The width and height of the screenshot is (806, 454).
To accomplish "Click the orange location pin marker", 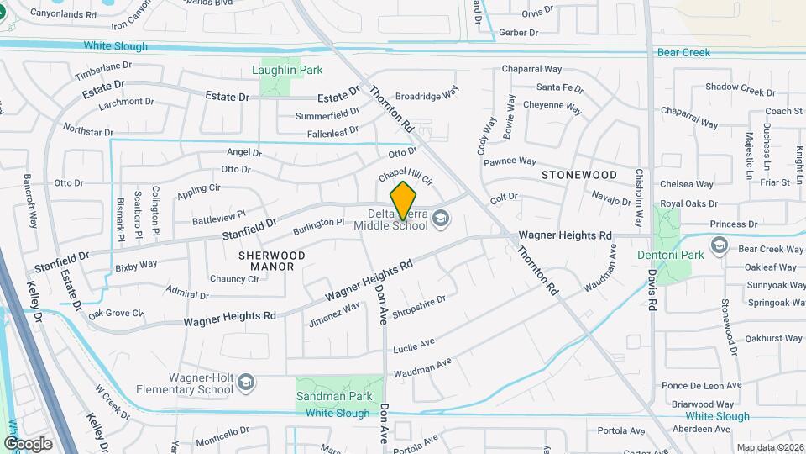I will pyautogui.click(x=404, y=200).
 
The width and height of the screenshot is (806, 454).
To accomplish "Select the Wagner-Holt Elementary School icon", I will pyautogui.click(x=246, y=383).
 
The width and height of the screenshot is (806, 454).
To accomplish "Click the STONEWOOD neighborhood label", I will pyautogui.click(x=578, y=175).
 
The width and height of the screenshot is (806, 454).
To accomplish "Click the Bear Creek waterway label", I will pyautogui.click(x=683, y=52).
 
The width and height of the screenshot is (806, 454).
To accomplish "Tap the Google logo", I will pyautogui.click(x=28, y=444).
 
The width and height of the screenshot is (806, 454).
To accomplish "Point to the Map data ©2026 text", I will pyautogui.click(x=769, y=448).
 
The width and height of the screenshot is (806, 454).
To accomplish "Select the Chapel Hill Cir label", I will pyautogui.click(x=405, y=177).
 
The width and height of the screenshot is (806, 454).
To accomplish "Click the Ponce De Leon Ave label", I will pyautogui.click(x=701, y=386).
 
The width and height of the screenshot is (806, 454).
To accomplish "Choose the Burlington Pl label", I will pyautogui.click(x=318, y=227).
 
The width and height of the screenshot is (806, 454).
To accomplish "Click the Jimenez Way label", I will pyautogui.click(x=335, y=314).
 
